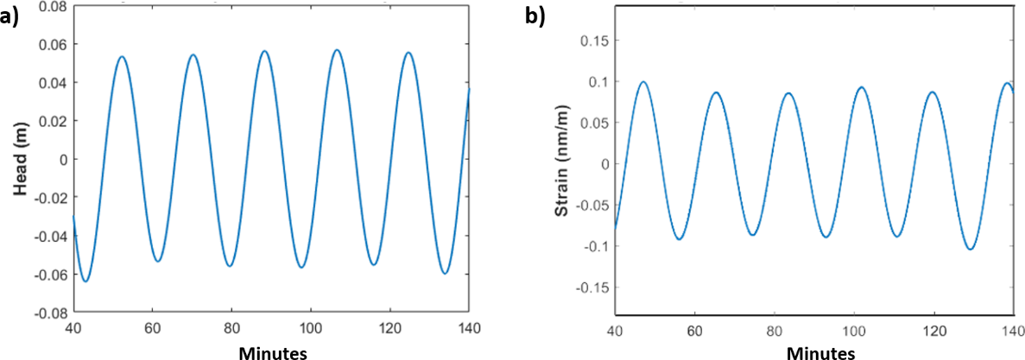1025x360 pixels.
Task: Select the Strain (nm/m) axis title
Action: click(x=561, y=164)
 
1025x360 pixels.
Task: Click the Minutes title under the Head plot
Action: click(x=270, y=352)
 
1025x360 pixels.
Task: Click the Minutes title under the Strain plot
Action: click(x=821, y=352)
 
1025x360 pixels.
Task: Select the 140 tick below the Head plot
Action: click(x=468, y=328)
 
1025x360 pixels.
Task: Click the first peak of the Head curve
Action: click(x=122, y=57)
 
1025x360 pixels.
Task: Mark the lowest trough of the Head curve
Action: click(x=85, y=281)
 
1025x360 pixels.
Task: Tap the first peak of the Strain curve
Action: click(x=643, y=82)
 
